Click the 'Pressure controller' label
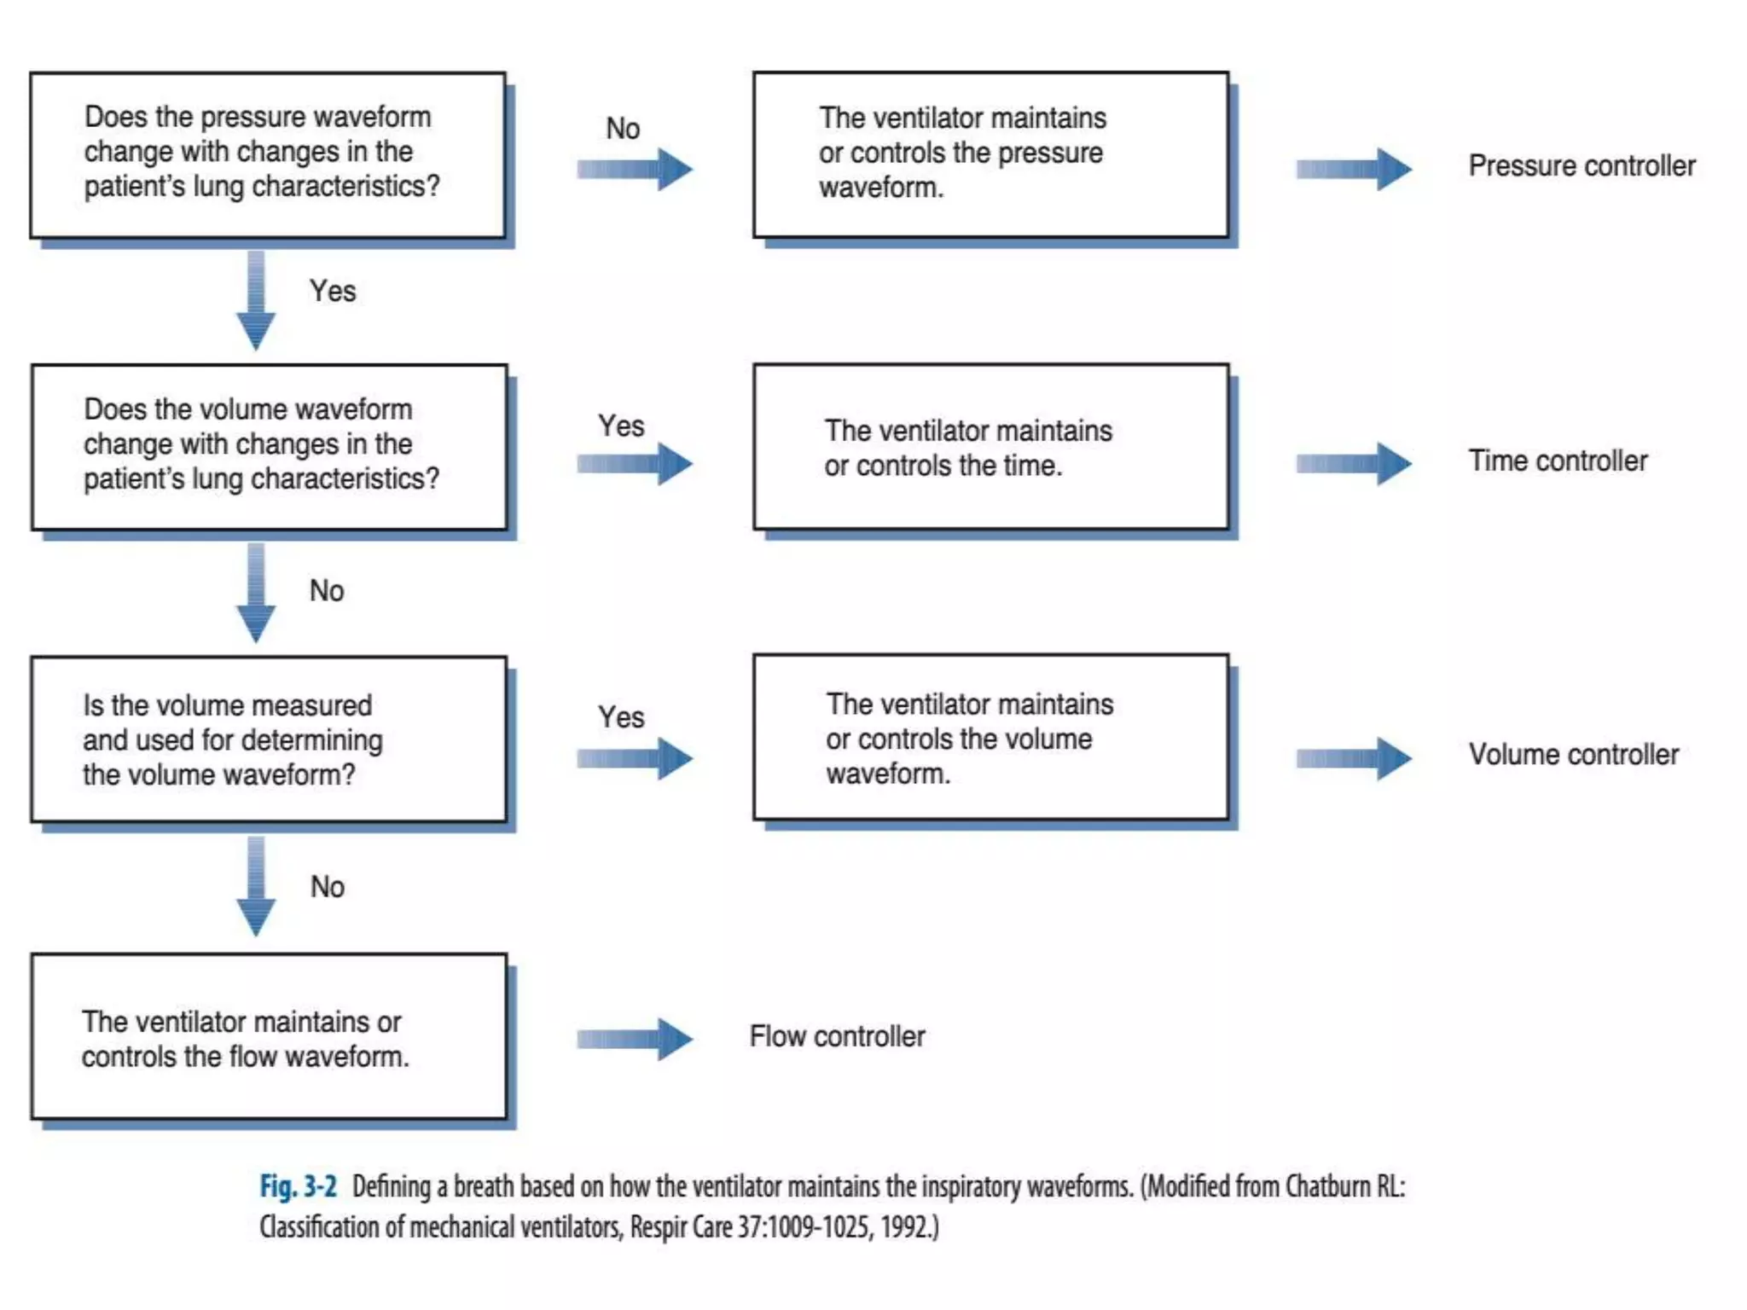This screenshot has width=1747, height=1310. click(1581, 165)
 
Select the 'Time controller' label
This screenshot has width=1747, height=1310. click(1557, 461)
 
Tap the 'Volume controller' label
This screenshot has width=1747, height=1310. click(1573, 755)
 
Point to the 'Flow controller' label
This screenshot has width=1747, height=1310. click(837, 1036)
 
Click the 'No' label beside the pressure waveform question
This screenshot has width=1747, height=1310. click(623, 129)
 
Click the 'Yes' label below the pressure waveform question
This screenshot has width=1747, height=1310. click(332, 291)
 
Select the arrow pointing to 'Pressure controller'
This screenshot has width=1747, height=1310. click(1353, 169)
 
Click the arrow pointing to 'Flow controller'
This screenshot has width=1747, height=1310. click(634, 1039)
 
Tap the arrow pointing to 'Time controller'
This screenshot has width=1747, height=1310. click(1353, 463)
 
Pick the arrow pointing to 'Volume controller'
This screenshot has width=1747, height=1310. click(1353, 758)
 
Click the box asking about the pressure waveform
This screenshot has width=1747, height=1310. click(268, 155)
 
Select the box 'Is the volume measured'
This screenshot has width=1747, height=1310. click(268, 739)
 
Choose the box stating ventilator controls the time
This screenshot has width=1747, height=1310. click(990, 448)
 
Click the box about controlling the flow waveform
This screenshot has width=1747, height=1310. click(268, 1037)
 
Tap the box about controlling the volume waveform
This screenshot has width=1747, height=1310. click(990, 739)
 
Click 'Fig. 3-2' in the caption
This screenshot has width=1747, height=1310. click(298, 1186)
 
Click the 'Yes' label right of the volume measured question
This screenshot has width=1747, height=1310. click(621, 717)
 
